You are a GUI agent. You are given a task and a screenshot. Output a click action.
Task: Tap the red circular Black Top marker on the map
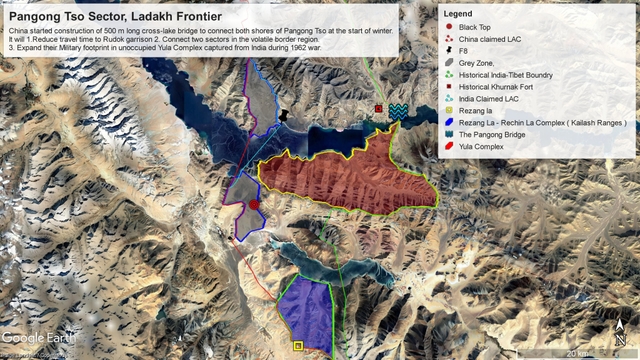254,204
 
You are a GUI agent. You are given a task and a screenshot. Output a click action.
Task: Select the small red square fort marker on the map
379,108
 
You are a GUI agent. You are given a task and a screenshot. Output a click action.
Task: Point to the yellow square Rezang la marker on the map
298,346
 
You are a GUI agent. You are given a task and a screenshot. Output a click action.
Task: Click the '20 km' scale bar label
578,352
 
